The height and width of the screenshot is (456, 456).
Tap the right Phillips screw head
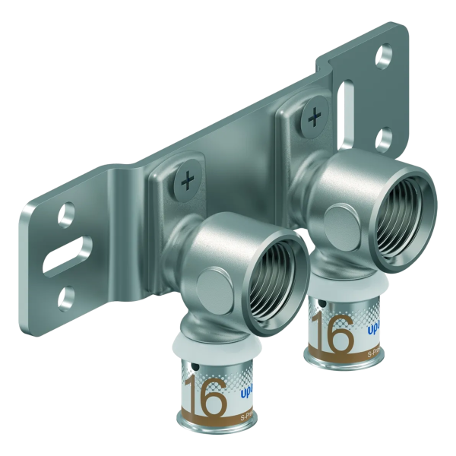pyautogui.click(x=312, y=116)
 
